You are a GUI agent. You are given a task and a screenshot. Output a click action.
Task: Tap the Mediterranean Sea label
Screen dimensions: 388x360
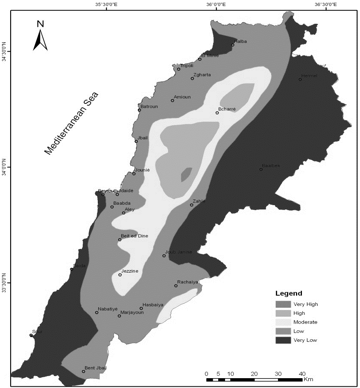71,123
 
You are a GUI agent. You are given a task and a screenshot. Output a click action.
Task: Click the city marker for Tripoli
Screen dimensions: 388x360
179,69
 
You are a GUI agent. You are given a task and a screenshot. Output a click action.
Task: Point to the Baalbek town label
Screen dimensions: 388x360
271,165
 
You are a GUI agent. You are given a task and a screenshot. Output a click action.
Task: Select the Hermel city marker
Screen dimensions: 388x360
300,79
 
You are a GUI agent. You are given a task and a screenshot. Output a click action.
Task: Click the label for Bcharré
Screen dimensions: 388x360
228,109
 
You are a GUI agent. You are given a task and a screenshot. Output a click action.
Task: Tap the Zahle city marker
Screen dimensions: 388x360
192,205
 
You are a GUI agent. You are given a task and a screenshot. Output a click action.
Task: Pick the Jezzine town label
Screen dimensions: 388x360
129,271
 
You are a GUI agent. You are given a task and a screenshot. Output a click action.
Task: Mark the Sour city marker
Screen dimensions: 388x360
31,335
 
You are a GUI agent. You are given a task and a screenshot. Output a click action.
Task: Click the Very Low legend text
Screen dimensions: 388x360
305,340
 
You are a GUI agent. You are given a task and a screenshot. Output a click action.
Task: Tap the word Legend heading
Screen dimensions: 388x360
289,294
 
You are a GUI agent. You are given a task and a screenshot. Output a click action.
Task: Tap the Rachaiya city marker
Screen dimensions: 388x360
176,285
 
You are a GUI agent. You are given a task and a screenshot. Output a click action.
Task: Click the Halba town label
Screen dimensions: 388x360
240,41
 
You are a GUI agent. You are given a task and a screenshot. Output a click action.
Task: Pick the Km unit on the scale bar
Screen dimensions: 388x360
308,379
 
